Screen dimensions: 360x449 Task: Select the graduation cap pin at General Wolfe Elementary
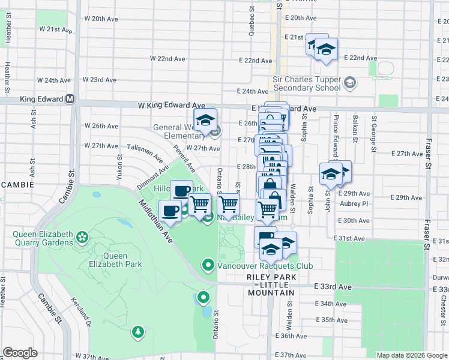point(205,121)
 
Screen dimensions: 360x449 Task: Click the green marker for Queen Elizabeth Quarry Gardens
point(83,239)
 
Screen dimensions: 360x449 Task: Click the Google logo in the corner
point(19,353)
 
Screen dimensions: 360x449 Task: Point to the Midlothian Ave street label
point(155,221)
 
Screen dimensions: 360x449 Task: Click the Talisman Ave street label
point(145,153)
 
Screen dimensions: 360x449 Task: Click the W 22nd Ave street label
point(167,59)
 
